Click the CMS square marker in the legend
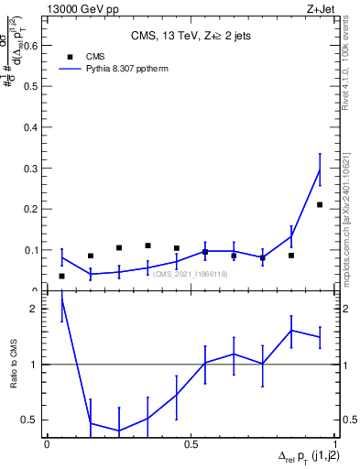[70, 56]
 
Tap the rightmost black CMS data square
[320, 204]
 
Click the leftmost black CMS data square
[61, 276]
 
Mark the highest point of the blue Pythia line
[320, 169]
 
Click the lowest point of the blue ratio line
[119, 431]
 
